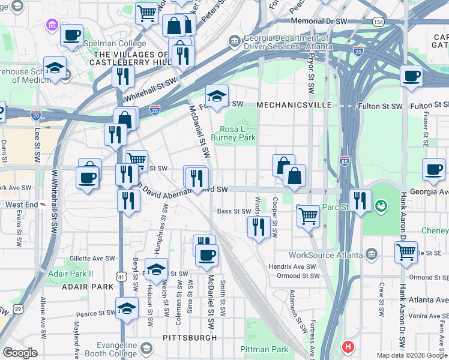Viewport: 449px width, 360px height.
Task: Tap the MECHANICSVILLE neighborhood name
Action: [x=294, y=105]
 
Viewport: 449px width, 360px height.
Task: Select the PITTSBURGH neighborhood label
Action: [x=190, y=338]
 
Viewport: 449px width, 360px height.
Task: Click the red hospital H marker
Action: [x=348, y=347]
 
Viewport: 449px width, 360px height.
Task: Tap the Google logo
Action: [x=20, y=352]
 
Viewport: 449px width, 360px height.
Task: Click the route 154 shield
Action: [x=378, y=22]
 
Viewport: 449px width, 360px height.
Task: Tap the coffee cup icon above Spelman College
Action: [x=71, y=35]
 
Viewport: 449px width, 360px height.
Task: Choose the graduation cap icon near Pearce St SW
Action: [x=127, y=308]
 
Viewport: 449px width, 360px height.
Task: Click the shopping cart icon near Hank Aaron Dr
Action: [x=406, y=253]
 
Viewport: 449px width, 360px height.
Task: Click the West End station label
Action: [x=22, y=205]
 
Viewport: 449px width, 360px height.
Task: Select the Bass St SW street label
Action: [x=234, y=211]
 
